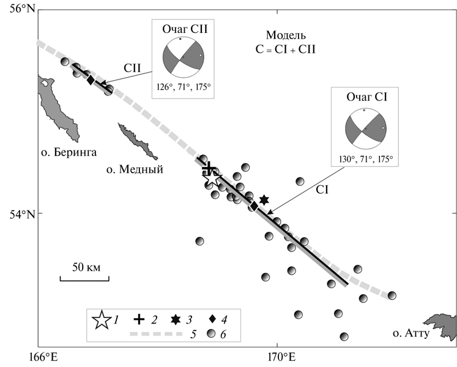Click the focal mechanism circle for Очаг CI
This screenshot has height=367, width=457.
tap(365, 129)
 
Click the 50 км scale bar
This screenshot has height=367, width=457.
tap(84, 278)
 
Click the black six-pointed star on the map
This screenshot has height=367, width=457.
tap(264, 200)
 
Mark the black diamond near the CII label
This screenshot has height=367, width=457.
tap(91, 80)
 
